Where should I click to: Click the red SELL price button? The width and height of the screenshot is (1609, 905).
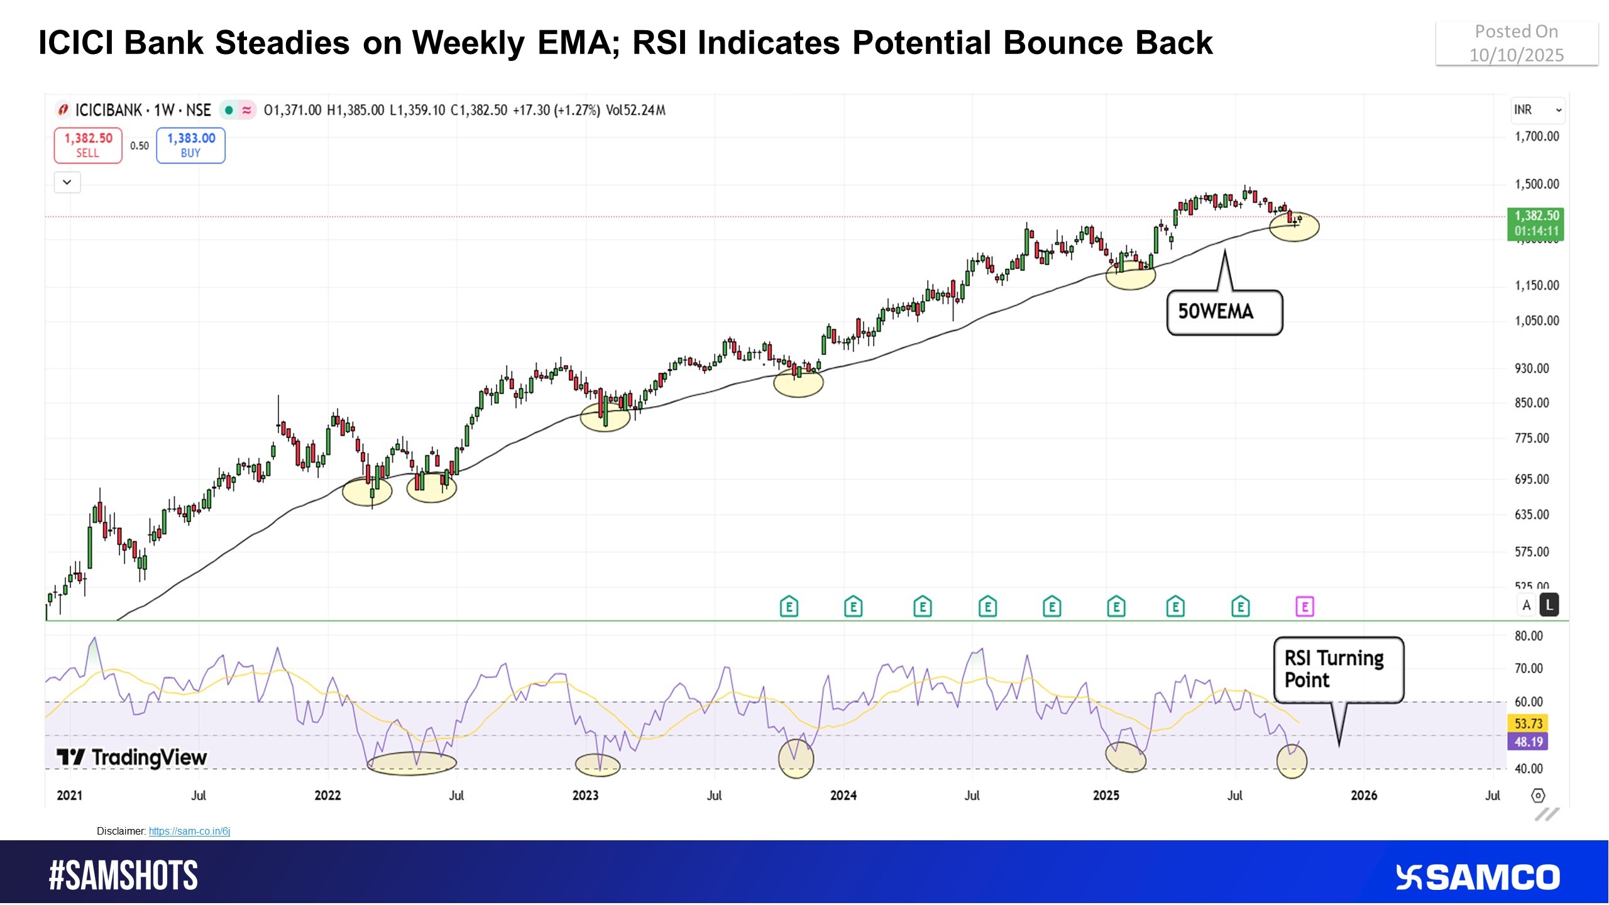(x=88, y=145)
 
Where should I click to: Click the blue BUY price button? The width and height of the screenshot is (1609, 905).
(x=190, y=145)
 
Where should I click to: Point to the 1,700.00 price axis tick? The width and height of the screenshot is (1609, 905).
(x=1536, y=136)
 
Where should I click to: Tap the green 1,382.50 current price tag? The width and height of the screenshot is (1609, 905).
(x=1535, y=223)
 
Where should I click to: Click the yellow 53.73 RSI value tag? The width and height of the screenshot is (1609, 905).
(x=1528, y=723)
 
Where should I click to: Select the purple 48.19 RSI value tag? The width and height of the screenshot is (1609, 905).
(x=1528, y=742)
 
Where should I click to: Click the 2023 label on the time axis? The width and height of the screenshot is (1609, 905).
(x=585, y=796)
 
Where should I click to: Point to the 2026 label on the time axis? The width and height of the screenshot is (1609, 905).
(x=1364, y=796)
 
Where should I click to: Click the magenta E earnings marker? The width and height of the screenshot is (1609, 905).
(x=1304, y=607)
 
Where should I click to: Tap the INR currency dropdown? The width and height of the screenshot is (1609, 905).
(x=1536, y=110)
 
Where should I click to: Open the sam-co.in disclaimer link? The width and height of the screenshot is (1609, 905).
(x=189, y=831)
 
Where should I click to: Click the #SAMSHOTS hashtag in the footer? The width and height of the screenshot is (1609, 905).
(x=123, y=875)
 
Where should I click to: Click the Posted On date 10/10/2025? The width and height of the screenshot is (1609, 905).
(x=1516, y=55)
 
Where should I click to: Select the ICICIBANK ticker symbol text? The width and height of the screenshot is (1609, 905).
(x=109, y=111)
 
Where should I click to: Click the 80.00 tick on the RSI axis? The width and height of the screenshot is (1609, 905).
(x=1528, y=636)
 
